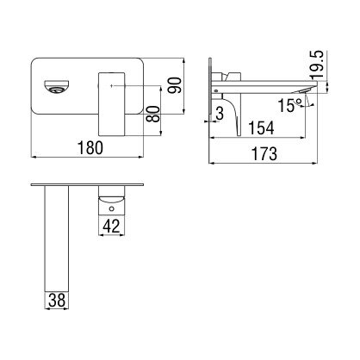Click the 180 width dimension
pos(90,147)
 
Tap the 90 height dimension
pos(175,85)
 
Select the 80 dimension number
pos(152,114)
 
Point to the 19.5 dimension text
pos(317,64)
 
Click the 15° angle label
pos(290,105)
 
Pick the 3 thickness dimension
pos(220,114)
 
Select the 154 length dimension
pos(261,127)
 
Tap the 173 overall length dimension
pos(264,154)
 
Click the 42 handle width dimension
pos(111,226)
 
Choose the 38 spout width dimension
pos(57,301)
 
